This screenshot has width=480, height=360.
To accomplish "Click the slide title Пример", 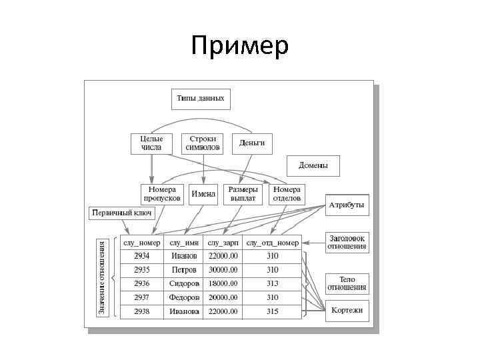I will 239,47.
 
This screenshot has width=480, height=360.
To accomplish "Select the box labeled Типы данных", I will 201,99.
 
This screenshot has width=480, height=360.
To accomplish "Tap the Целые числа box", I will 151,143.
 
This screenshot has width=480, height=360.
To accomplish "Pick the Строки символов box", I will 203,143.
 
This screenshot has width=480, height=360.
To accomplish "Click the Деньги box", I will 252,143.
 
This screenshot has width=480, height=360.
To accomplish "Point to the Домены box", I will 313,165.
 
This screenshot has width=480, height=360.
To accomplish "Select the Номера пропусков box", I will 161,194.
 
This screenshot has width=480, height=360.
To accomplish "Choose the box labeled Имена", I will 203,194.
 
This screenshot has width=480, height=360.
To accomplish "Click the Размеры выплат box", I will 243,194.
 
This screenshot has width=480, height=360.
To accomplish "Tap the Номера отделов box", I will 287,194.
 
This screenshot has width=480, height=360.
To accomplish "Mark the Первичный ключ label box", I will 121,213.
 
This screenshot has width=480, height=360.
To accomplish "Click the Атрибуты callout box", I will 347,205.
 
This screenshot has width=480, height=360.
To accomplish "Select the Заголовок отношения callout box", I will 347,241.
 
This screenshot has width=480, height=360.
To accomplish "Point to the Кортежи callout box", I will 347,311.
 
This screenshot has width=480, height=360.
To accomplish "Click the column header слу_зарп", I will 223,243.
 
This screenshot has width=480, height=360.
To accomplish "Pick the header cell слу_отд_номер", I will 272,243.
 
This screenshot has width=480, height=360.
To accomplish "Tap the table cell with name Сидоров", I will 184,283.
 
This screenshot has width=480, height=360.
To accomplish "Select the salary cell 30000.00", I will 223,270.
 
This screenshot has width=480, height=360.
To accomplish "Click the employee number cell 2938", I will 141,311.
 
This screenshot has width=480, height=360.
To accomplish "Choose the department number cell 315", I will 272,311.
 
